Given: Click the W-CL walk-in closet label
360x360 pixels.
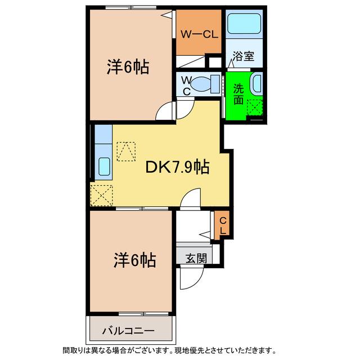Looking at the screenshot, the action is [199, 35].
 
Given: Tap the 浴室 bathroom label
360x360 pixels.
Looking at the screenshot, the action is [244, 56].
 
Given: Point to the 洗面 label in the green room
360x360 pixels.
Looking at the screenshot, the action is [238, 94].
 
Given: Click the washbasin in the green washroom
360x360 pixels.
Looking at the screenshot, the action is [257, 84].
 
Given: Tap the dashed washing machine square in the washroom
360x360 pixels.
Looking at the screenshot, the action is [254, 107].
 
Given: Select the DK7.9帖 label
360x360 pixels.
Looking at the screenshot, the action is [177, 168].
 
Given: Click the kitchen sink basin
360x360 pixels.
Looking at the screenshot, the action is [104, 166].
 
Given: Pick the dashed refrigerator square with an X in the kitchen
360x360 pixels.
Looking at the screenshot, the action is [101, 195].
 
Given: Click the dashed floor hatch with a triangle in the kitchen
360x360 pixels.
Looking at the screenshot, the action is [126, 151].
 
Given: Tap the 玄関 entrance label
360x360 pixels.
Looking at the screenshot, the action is [196, 258].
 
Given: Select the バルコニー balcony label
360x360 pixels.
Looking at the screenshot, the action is [128, 331].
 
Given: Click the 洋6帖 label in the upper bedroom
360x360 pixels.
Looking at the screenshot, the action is [128, 67].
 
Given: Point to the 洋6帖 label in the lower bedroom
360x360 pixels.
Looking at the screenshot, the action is [134, 260].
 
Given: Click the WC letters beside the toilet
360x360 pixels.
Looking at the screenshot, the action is [187, 86].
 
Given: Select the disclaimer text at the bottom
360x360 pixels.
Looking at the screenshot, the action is [169, 350].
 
